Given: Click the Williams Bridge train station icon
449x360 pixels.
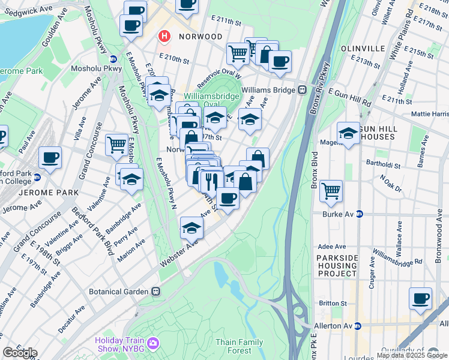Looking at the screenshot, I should coord(303,90).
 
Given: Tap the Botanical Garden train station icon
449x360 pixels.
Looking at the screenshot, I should coord(155,292).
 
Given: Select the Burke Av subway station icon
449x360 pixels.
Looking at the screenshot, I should coord(360,213).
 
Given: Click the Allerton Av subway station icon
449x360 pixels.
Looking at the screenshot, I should coord(357,326).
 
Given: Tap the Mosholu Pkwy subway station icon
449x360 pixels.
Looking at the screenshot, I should coord(113,59).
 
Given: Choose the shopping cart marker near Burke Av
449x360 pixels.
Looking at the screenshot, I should coord(331,191).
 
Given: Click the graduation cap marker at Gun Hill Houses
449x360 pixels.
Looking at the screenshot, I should coord(348,134).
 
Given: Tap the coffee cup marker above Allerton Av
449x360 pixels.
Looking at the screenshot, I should coord(420,298).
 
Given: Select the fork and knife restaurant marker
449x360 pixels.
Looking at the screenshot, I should coord(211,179).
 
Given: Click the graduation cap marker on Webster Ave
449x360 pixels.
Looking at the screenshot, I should coord(191,227).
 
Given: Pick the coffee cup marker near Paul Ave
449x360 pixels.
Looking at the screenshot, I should coord(50,158).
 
